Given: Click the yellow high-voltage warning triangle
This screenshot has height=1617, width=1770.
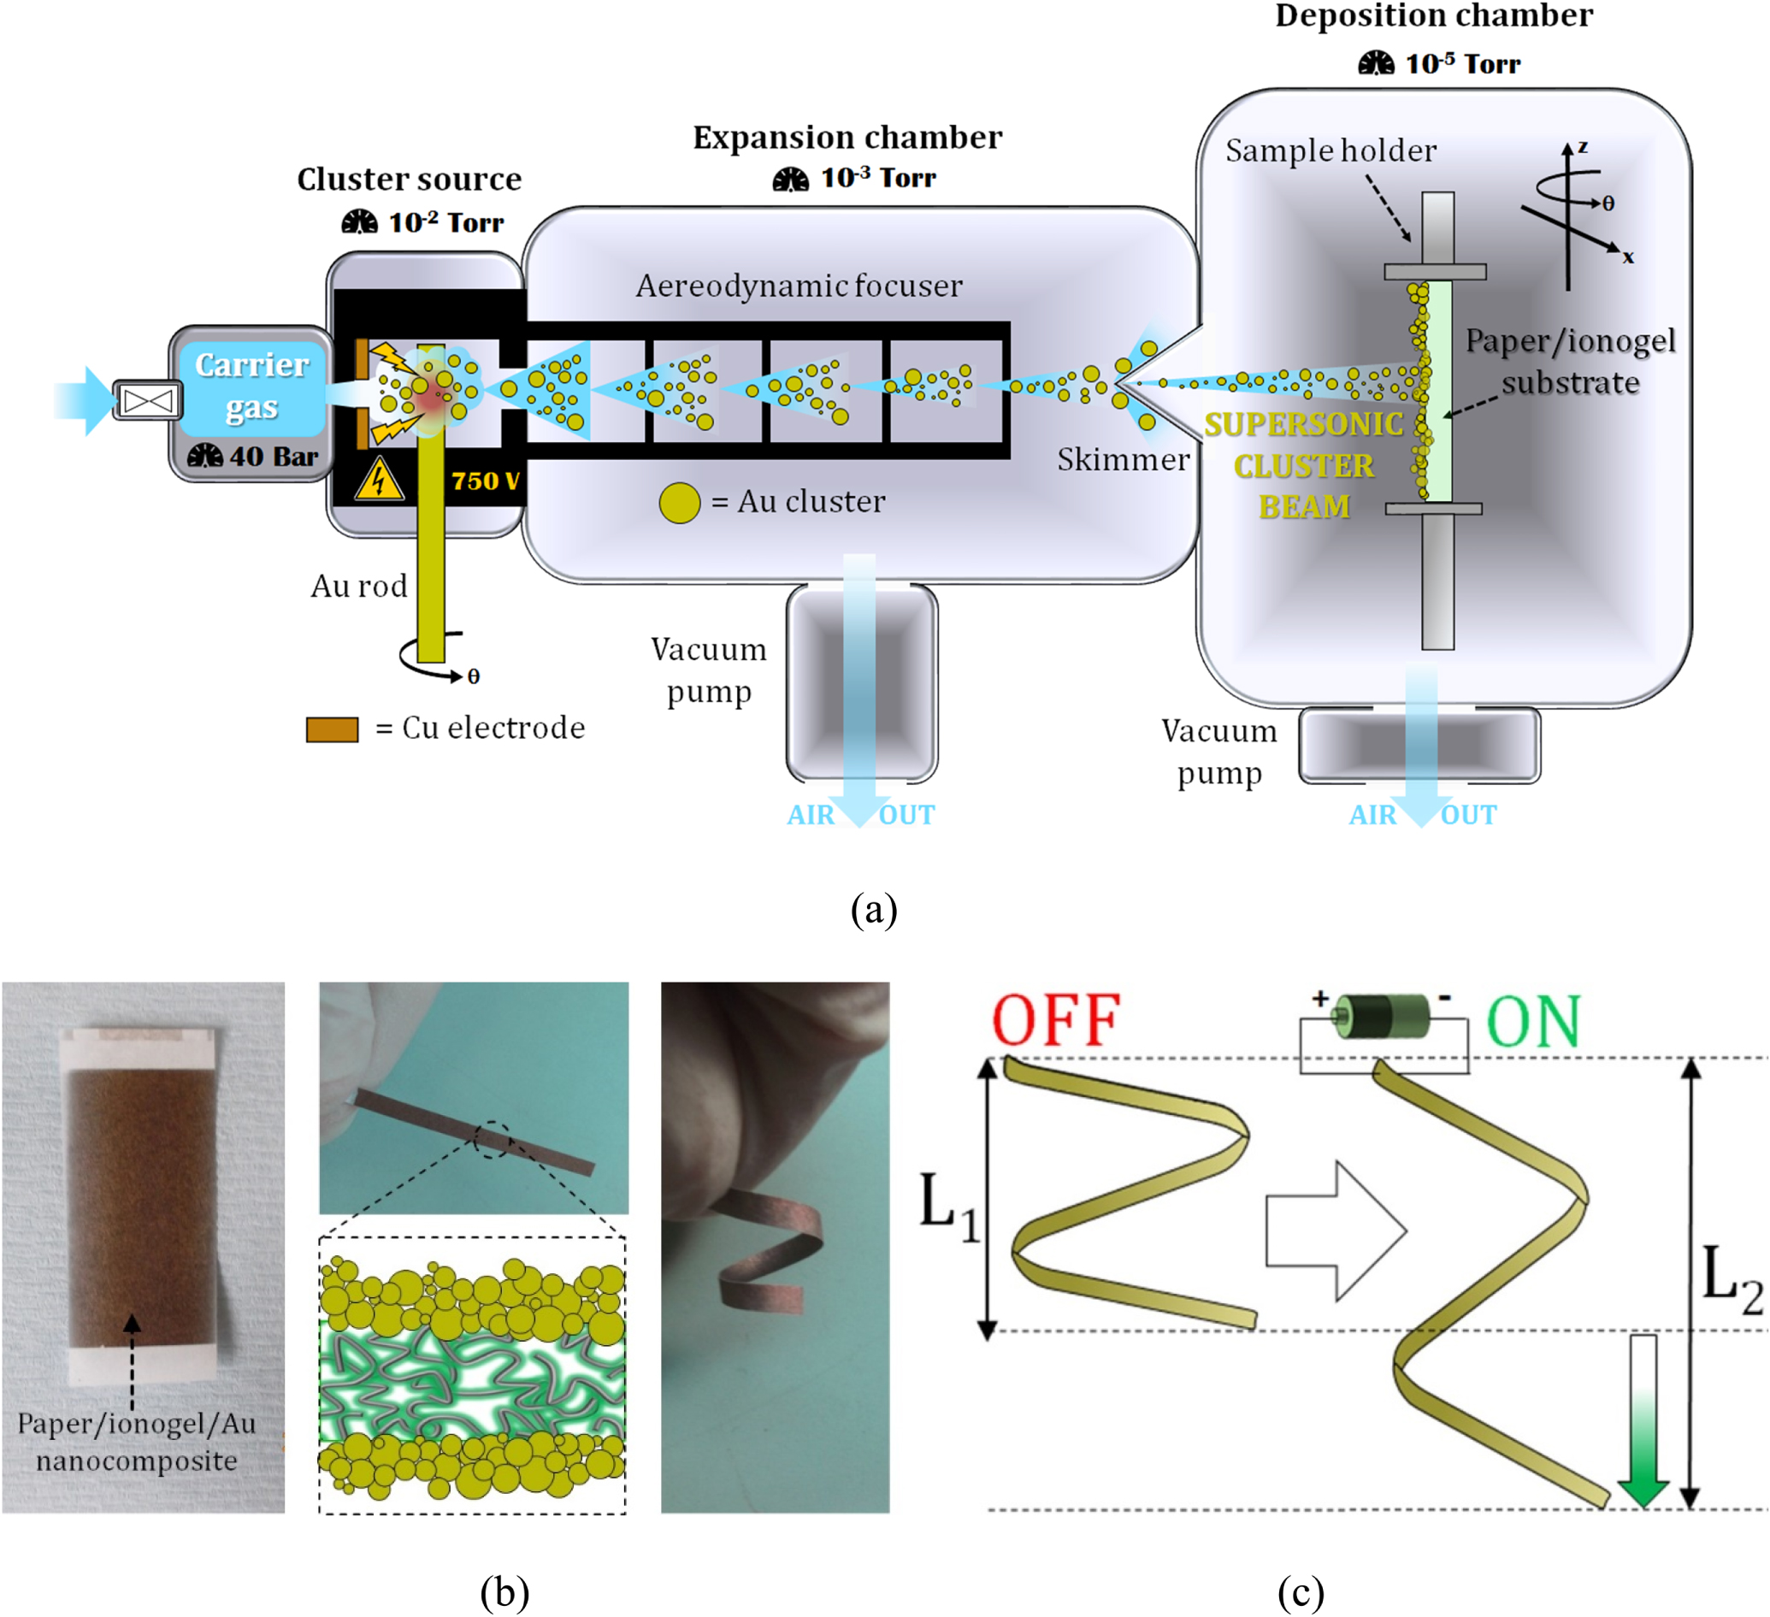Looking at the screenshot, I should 379,481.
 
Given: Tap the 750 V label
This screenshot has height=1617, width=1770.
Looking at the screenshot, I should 485,481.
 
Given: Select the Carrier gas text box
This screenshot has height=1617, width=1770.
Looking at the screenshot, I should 252,387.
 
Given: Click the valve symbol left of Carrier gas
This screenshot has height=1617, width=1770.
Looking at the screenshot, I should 147,401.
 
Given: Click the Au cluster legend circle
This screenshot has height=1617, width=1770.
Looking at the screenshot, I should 679,503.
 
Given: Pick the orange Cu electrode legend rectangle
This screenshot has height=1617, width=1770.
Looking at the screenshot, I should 332,729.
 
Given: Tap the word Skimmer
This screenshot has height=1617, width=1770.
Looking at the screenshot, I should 1122,459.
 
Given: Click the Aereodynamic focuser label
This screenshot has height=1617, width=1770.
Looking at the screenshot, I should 798,286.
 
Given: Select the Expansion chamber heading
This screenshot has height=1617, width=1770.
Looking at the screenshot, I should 847,138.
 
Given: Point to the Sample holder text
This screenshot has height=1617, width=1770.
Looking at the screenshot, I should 1330,151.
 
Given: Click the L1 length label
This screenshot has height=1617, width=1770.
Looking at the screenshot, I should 948,1207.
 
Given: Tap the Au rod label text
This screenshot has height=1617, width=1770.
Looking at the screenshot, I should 359,586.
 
